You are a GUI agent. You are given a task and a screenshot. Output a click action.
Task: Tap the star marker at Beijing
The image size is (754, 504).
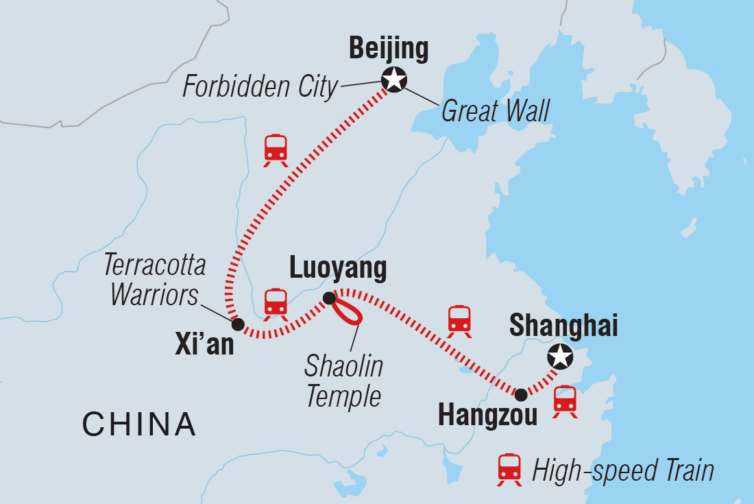pos(394,80)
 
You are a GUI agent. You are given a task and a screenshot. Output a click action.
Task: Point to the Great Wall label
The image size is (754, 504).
pos(496,110)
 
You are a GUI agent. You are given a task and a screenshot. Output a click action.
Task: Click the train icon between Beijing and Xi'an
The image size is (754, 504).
pos(276,149)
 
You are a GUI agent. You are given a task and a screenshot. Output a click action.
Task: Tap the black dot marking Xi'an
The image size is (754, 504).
pos(238,324)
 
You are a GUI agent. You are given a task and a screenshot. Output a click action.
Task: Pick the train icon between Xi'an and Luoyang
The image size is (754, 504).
pos(276,303)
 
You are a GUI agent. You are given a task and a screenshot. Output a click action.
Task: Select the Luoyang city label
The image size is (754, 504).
pos(338,269)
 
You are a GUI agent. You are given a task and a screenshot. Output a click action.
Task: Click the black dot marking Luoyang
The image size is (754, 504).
pos(329,298)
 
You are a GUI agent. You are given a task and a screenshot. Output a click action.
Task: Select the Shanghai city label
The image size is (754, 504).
pos(563,326)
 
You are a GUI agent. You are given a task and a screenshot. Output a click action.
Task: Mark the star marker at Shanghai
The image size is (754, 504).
pos(560,356)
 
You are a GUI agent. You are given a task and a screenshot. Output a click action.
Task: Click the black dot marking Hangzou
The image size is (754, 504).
pos(521,394)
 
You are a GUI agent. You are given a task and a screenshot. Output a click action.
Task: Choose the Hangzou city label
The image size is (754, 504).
pos(487,416)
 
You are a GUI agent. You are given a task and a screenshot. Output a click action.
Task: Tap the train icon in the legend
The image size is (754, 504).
pos(510,470)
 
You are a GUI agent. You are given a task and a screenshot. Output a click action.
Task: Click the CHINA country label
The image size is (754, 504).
pos(139,424)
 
